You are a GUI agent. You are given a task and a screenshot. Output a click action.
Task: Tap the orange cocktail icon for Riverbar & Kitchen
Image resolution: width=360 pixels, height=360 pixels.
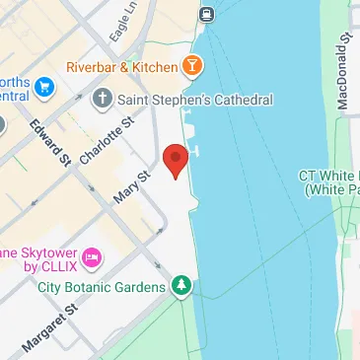[194, 67]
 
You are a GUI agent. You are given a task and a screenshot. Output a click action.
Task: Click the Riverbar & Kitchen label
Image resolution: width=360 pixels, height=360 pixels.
[121, 67]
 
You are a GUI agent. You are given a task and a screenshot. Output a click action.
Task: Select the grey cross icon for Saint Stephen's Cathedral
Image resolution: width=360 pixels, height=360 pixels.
[103, 99]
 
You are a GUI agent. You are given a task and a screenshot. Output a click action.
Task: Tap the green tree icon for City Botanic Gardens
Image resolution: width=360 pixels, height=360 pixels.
[180, 287]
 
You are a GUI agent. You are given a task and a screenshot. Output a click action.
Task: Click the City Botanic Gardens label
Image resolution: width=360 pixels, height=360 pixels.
[102, 288]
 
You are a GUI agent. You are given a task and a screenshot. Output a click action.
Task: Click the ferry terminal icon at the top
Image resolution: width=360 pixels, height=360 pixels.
[207, 14]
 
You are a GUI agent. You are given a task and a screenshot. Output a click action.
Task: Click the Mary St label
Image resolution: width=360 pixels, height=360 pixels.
[130, 184]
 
